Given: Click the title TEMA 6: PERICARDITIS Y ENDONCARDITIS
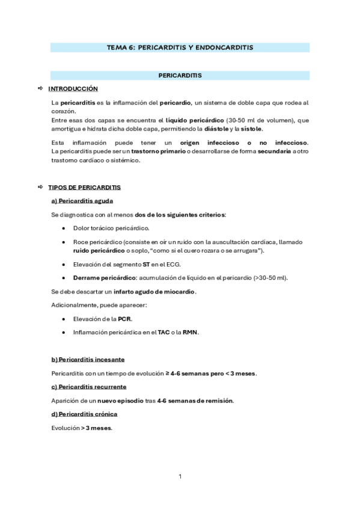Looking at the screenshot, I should click(x=180, y=47).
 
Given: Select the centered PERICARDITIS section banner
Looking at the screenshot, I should click(x=180, y=76).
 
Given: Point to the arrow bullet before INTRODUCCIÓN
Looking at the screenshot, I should click(x=40, y=88).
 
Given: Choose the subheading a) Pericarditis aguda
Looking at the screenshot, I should click(x=82, y=201).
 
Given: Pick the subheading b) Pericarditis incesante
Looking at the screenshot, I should click(x=88, y=360).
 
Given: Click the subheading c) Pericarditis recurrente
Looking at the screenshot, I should click(x=89, y=387).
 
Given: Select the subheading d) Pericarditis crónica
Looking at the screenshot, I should click(x=85, y=414).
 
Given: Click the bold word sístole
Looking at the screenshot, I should click(x=251, y=129).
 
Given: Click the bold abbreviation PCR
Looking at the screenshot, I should click(x=124, y=319).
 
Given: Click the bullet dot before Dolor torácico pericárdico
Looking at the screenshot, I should click(x=64, y=229).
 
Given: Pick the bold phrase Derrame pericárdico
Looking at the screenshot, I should click(x=100, y=278).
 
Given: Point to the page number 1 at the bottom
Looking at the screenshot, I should click(x=180, y=477).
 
